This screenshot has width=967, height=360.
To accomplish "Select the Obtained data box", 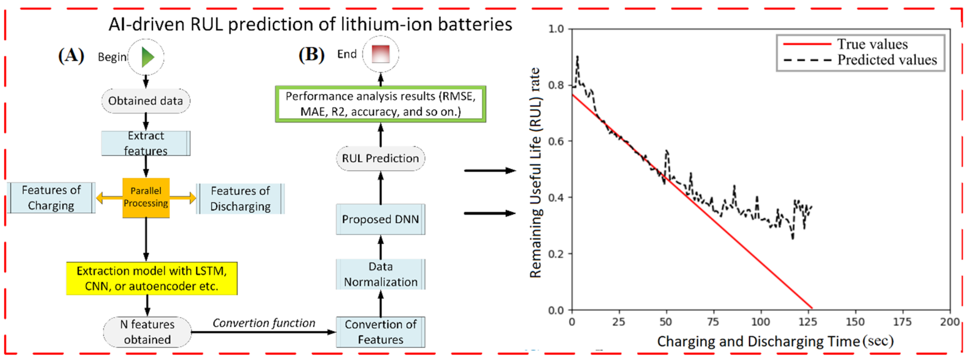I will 146,101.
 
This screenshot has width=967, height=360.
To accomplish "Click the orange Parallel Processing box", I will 146,197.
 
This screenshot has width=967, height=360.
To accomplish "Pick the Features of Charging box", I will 51,198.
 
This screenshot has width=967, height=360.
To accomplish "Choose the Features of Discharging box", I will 240,199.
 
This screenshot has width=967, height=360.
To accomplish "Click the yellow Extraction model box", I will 152,278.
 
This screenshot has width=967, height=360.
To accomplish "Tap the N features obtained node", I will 147,332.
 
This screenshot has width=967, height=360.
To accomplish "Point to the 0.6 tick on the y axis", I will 556,141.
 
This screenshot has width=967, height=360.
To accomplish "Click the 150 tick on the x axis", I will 855,322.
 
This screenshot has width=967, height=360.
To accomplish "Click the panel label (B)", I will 311,55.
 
